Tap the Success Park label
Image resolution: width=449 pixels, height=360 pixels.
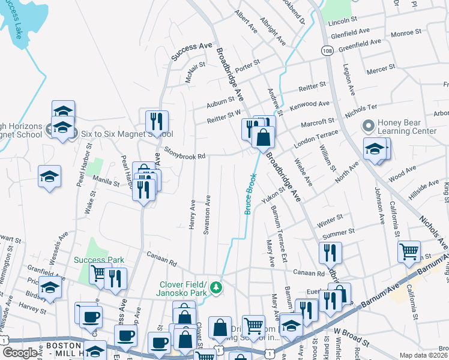pos(98,260)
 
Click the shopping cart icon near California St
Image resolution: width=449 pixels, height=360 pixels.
pos(409,251)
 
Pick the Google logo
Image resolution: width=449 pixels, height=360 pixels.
pos(20,353)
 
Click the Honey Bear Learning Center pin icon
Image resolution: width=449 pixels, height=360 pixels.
pos(367,127)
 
